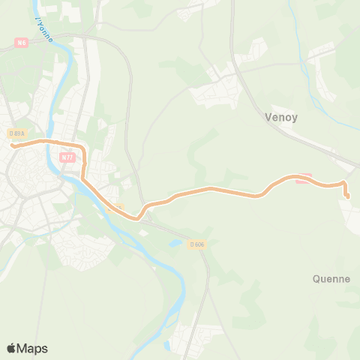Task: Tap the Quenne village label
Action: pyautogui.click(x=331, y=279)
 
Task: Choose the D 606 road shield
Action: pyautogui.click(x=197, y=244)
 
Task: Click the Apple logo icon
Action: pyautogui.click(x=12, y=348)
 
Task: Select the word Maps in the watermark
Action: pyautogui.click(x=32, y=348)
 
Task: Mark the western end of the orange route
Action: pyautogui.click(x=13, y=145)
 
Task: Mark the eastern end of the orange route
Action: pyautogui.click(x=347, y=196)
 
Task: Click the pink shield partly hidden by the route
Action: pyautogui.click(x=303, y=178)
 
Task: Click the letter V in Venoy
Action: pyautogui.click(x=269, y=117)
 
